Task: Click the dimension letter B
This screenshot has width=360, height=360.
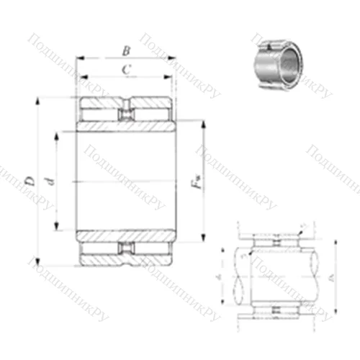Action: coord(126,50)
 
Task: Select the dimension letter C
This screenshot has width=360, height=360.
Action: coord(126,69)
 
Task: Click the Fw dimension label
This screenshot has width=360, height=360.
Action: coord(196,183)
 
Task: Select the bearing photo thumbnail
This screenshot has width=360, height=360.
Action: coord(278,62)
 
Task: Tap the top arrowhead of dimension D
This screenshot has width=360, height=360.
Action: coord(37,100)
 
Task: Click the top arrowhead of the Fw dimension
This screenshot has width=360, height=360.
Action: coord(204,125)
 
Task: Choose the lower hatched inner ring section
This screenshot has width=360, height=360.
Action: coord(126,235)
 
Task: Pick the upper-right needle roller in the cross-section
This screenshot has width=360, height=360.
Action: coord(153,114)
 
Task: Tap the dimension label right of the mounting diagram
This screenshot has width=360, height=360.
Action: coord(330,275)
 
